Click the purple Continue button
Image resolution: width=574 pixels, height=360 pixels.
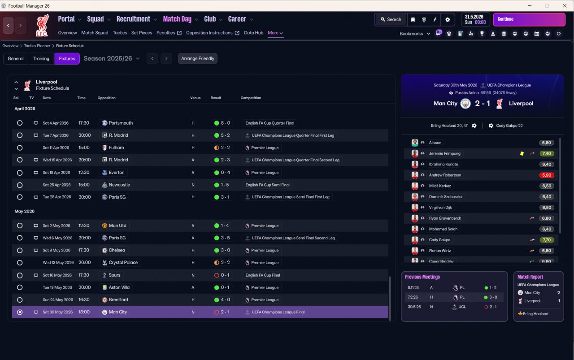(x=529, y=19)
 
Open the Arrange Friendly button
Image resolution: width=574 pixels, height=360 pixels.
(x=198, y=58)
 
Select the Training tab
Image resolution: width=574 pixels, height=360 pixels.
(x=41, y=58)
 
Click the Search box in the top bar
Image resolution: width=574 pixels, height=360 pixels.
(x=391, y=19)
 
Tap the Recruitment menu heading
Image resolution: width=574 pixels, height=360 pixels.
(x=133, y=19)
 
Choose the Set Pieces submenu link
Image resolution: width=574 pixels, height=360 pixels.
(x=141, y=33)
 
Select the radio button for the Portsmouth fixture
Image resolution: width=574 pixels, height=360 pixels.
(x=20, y=123)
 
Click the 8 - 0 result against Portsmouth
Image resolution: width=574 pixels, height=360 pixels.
(x=225, y=123)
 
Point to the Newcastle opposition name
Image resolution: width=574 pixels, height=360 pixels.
(x=119, y=185)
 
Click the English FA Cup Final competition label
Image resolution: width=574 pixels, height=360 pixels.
(x=263, y=275)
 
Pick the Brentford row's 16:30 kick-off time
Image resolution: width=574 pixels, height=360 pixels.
(x=83, y=299)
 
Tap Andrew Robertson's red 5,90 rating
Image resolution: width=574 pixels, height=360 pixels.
(x=546, y=175)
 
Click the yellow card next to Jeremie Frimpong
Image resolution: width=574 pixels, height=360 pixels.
(x=522, y=153)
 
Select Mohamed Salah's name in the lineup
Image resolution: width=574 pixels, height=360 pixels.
(x=443, y=229)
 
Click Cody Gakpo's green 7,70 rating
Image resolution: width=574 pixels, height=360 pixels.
(x=546, y=240)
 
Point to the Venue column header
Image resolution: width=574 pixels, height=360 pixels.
(x=195, y=98)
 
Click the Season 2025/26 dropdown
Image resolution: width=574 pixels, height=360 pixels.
(x=112, y=58)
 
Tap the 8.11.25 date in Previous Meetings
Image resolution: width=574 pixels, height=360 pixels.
(x=413, y=288)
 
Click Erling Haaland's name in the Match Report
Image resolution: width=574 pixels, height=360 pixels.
(x=535, y=314)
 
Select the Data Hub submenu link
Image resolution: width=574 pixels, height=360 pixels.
(x=253, y=33)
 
